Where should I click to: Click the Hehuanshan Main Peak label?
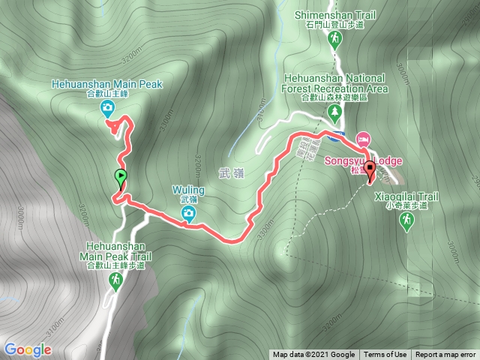click(107, 84)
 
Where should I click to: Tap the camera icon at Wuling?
click(189, 215)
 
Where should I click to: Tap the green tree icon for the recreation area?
click(334, 112)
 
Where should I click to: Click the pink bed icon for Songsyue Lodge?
click(363, 139)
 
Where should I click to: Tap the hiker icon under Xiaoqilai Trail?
click(406, 221)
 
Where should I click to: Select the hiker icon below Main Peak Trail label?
click(116, 281)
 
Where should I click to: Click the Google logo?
click(28, 349)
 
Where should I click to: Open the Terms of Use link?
click(385, 355)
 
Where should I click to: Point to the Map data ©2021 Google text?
click(313, 355)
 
